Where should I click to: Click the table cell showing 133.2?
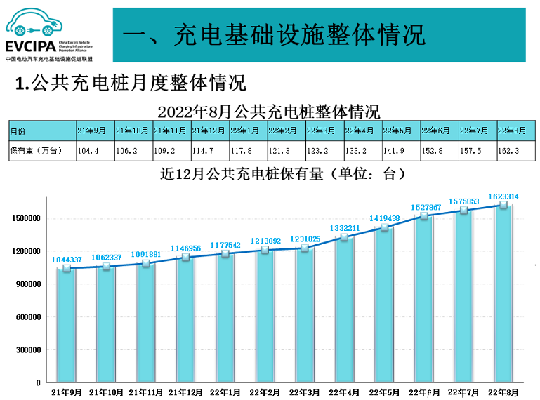[362, 151]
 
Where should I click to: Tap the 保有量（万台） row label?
[41, 151]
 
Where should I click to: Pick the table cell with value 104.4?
[94, 151]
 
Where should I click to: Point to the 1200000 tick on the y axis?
[26, 251]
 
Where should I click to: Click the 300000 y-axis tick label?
[28, 350]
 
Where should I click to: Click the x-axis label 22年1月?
[225, 392]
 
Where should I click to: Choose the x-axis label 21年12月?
[185, 392]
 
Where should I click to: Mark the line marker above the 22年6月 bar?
[423, 216]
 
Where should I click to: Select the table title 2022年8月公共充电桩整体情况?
[268, 112]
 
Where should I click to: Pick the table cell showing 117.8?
[246, 151]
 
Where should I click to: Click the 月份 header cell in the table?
[41, 131]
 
